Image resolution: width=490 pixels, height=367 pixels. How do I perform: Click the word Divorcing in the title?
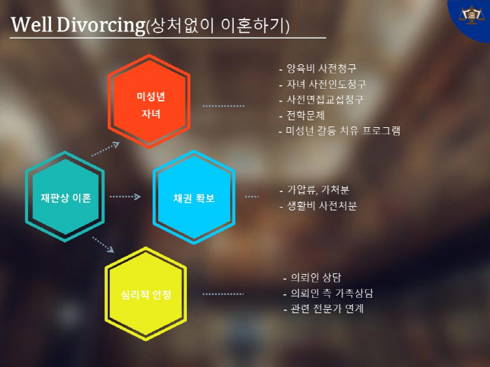coord(101,25)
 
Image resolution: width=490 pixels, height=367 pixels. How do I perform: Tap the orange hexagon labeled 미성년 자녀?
coord(149,101)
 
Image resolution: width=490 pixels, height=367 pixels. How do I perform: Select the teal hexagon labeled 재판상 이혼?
coord(65,196)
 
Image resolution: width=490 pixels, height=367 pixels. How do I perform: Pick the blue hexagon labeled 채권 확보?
coord(194,197)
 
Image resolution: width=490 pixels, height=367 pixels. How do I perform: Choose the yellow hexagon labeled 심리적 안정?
coord(146,294)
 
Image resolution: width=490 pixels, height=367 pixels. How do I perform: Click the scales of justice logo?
coord(472,15)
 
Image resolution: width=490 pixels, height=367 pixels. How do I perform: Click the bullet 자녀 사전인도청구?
coord(322,84)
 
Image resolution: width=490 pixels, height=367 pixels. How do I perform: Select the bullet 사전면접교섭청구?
coord(321,99)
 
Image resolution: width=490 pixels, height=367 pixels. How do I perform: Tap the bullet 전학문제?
coord(302,115)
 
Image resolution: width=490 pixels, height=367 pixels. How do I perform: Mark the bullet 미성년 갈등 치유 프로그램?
coord(339,131)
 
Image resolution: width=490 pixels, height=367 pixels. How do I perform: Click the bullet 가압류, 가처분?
coord(314,189)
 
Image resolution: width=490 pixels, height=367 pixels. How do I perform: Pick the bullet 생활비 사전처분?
coord(318,206)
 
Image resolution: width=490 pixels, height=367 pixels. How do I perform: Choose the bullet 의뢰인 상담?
coord(312,278)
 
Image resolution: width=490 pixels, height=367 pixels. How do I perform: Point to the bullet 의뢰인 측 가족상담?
coord(328,293)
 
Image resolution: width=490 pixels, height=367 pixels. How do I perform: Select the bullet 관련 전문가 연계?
coord(323,309)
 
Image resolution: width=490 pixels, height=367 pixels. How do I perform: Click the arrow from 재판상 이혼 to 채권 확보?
coord(125,196)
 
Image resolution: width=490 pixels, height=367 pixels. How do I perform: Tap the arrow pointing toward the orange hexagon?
coord(106,149)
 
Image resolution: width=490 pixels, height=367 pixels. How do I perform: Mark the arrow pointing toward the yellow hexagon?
coord(103,245)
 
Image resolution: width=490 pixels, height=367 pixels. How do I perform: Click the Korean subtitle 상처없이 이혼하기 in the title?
coord(218,26)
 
